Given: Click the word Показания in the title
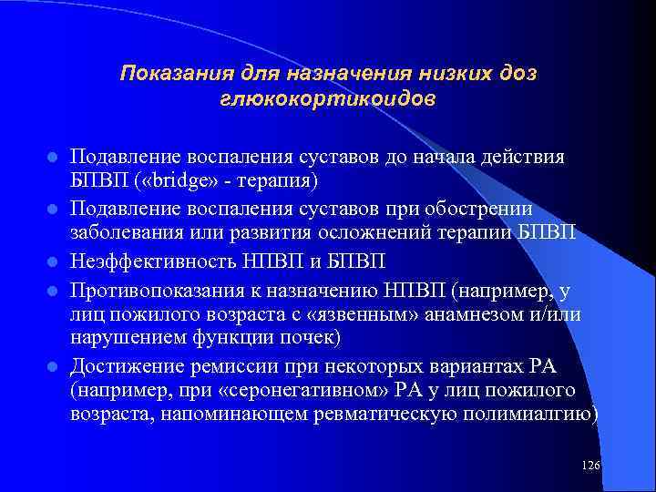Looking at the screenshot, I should pos(169,72).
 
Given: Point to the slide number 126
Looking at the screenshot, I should pos(590,466).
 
